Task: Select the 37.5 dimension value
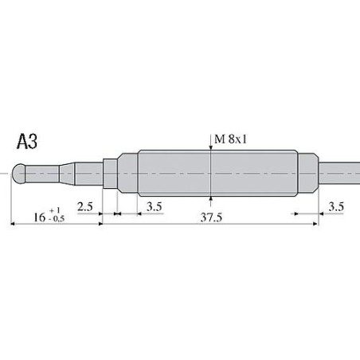click(x=211, y=216)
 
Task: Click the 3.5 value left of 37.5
click(x=155, y=206)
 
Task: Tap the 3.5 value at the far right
click(x=336, y=206)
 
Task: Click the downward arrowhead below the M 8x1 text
click(x=211, y=148)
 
